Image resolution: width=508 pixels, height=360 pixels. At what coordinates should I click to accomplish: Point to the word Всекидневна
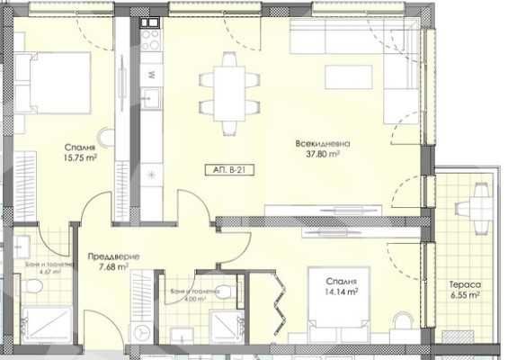coord(320,143)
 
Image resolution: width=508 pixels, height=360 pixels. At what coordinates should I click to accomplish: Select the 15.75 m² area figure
coord(80,157)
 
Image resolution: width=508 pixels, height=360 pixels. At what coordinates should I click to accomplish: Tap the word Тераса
coord(464,283)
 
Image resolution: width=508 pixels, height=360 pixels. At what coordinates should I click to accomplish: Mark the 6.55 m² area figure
coord(465,294)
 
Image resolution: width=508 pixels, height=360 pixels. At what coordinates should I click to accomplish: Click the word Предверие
coord(107,255)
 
